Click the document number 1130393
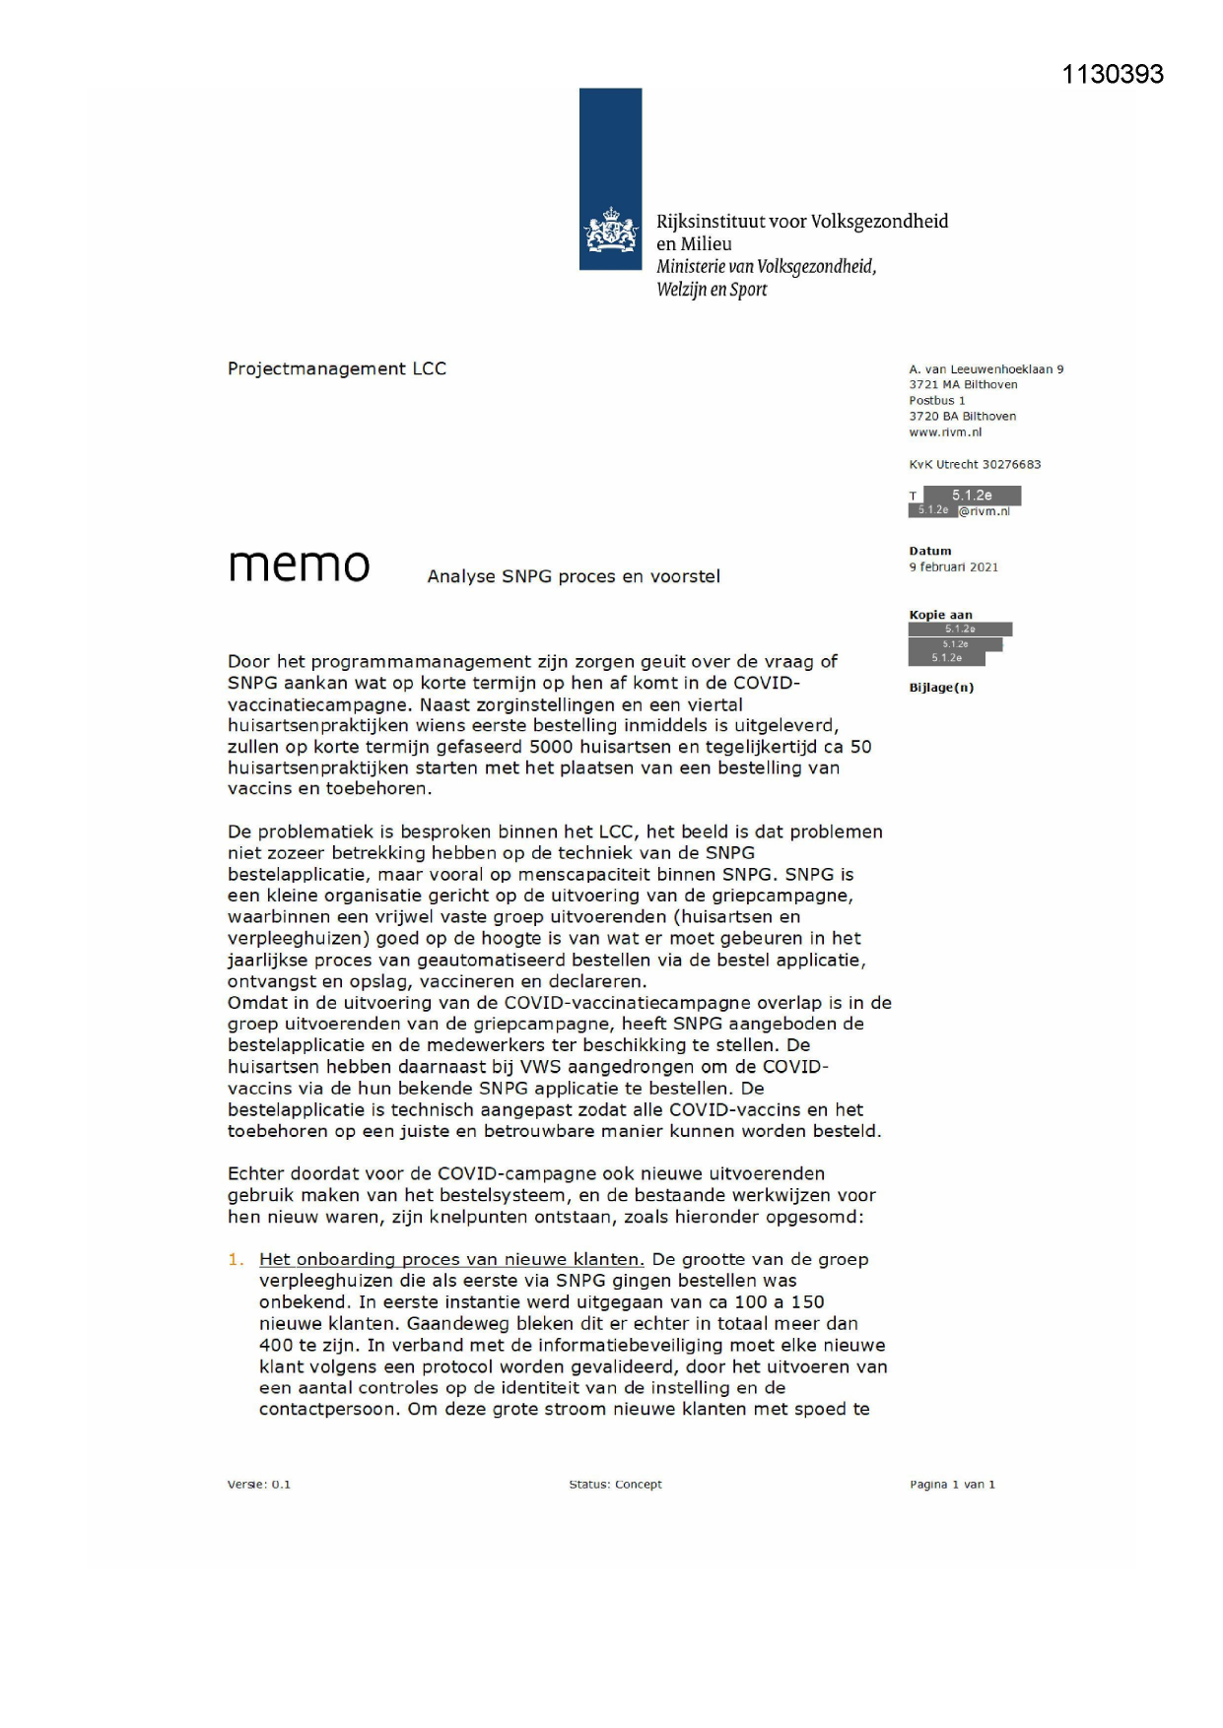coord(1112,74)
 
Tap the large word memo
coord(299,565)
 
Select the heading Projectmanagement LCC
coord(336,368)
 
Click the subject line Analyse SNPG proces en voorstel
coord(573,576)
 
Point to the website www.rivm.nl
coord(944,432)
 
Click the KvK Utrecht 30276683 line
coord(974,464)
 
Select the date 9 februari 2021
coord(953,566)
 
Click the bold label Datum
coord(929,551)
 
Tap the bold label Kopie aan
coord(939,615)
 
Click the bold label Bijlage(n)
coord(940,688)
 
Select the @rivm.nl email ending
coord(984,510)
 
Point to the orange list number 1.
coord(235,1259)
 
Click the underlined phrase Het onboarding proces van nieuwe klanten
coord(451,1259)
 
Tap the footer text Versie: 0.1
coord(258,1484)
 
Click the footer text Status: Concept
coord(615,1484)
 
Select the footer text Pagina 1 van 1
coord(951,1484)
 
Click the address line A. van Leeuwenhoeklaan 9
coord(985,369)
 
